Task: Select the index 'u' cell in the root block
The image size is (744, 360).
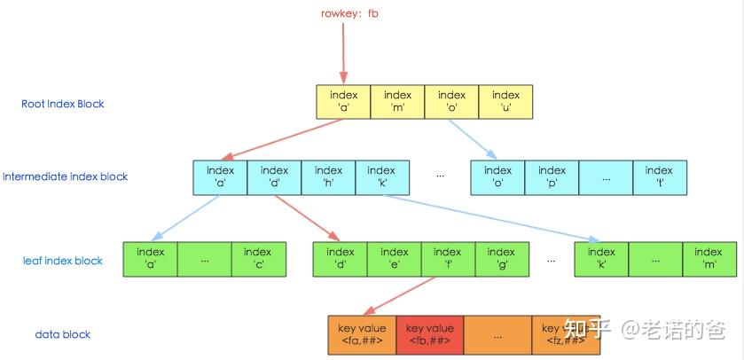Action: [505, 102]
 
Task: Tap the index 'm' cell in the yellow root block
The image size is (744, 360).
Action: [397, 102]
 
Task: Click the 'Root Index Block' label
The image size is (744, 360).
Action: [63, 104]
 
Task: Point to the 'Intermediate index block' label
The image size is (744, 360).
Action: [66, 176]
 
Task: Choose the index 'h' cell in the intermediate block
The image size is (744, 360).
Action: [328, 177]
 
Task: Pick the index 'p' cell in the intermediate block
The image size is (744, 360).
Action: [552, 177]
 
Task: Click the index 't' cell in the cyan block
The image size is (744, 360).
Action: [659, 177]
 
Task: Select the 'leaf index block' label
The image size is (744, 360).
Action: [63, 261]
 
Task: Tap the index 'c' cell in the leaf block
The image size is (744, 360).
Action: [258, 259]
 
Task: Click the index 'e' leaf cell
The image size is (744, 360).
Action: [394, 259]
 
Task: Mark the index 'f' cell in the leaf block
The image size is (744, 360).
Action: [448, 259]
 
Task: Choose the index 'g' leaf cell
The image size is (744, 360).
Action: [501, 259]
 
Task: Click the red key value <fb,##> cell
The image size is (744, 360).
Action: [429, 334]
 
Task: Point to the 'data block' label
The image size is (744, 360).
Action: [63, 334]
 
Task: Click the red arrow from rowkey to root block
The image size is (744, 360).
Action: [341, 53]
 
